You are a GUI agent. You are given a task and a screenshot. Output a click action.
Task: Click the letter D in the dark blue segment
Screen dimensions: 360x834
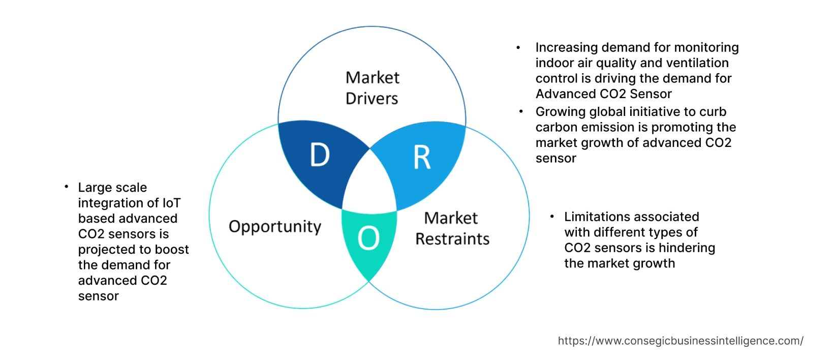pyautogui.click(x=320, y=155)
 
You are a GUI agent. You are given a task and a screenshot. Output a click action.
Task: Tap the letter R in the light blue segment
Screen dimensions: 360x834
pyautogui.click(x=422, y=158)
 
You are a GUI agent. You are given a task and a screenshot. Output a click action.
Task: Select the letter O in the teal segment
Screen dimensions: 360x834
pyautogui.click(x=368, y=238)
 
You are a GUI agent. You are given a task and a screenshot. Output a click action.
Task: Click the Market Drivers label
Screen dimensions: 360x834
pyautogui.click(x=372, y=88)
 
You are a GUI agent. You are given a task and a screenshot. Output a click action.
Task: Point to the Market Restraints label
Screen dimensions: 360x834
pyautogui.click(x=452, y=228)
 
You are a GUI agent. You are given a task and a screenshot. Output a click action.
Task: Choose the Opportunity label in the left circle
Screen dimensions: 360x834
pyautogui.click(x=274, y=226)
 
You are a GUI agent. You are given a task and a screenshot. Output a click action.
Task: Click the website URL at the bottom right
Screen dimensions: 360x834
pyautogui.click(x=680, y=341)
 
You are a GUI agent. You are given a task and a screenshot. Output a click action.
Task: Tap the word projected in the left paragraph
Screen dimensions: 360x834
pyautogui.click(x=106, y=250)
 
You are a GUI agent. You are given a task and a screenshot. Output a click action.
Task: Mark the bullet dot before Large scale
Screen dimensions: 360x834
pyautogui.click(x=66, y=187)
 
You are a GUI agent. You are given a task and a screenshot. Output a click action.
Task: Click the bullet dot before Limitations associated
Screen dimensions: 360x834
pyautogui.click(x=552, y=217)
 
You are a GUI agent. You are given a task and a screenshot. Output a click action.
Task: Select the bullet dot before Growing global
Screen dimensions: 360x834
pyautogui.click(x=521, y=111)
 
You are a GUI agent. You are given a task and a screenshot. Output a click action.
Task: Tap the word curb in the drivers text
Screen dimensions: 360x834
pyautogui.click(x=713, y=112)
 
